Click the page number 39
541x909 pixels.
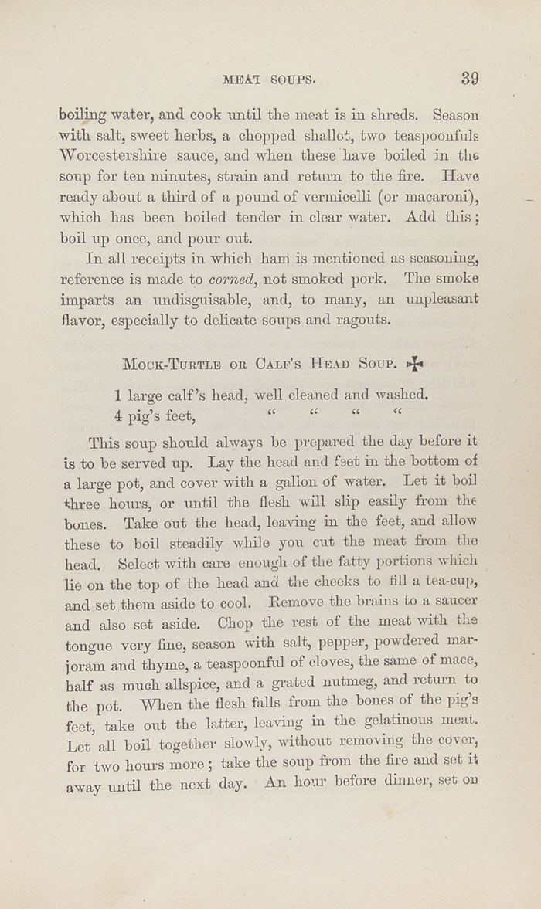click(470, 78)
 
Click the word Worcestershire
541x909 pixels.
click(113, 155)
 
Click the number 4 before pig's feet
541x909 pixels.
click(118, 416)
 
